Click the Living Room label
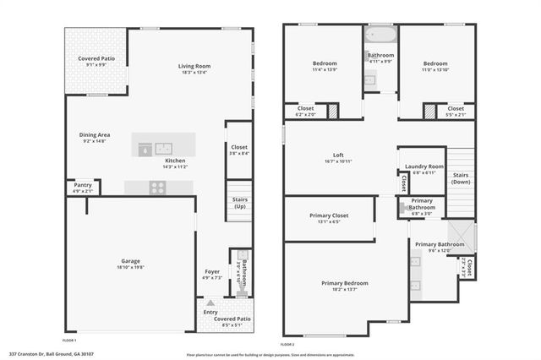[193, 65]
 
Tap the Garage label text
[130, 261]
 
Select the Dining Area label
[94, 134]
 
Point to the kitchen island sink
[162, 148]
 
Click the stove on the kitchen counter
[157, 188]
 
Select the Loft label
[338, 155]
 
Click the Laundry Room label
[424, 167]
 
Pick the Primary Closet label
[329, 215]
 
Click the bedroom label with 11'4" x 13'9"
[325, 63]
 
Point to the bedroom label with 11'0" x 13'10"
[435, 63]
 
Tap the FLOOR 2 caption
[287, 344]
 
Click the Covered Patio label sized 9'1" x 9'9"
[97, 58]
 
